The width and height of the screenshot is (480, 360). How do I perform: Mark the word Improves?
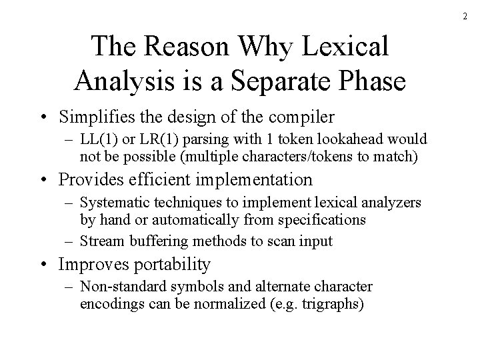[x=91, y=264]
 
